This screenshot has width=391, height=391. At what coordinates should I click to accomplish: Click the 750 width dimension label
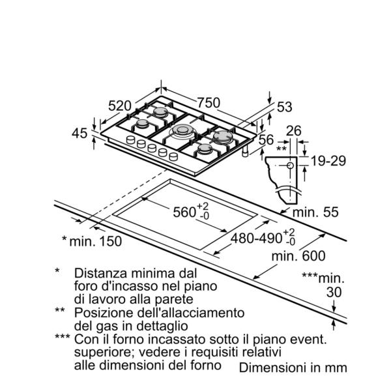pyautogui.click(x=209, y=102)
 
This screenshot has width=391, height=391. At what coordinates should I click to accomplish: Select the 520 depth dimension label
pyautogui.click(x=120, y=106)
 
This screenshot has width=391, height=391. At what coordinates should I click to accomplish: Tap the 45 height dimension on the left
pyautogui.click(x=80, y=133)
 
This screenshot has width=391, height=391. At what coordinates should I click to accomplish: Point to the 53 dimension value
pyautogui.click(x=285, y=107)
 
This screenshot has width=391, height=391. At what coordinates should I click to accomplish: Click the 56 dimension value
pyautogui.click(x=266, y=139)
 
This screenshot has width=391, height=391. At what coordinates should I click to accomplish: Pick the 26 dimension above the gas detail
pyautogui.click(x=293, y=131)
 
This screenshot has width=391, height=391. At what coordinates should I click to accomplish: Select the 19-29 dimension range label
pyautogui.click(x=328, y=161)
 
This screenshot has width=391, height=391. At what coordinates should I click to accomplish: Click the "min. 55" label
pyautogui.click(x=315, y=212)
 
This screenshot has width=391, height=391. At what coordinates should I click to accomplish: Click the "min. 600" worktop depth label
pyautogui.click(x=298, y=256)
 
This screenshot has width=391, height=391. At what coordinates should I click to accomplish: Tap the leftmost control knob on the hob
pyautogui.click(x=131, y=139)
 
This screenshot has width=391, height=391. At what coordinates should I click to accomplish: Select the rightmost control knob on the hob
pyautogui.click(x=173, y=156)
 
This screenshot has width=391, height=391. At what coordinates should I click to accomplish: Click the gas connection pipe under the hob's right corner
pyautogui.click(x=246, y=151)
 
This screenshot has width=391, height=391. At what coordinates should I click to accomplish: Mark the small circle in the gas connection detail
pyautogui.click(x=290, y=165)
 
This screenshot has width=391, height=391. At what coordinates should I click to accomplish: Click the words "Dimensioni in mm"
pyautogui.click(x=293, y=368)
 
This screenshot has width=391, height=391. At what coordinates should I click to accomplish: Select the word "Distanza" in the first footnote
pyautogui.click(x=101, y=273)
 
